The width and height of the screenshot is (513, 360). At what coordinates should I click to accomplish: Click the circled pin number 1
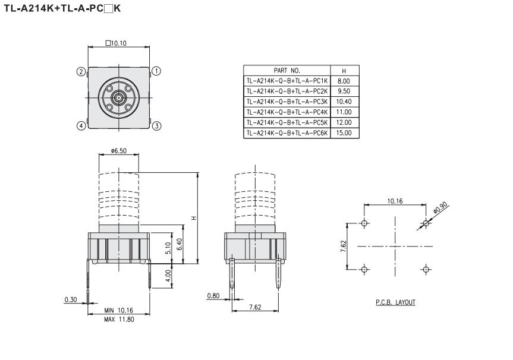[x=157, y=71]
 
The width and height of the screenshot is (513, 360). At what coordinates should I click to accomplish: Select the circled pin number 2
[x=81, y=72]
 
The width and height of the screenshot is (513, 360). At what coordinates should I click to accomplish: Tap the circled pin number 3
[x=157, y=126]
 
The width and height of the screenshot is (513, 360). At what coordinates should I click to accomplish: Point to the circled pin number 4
[x=81, y=125]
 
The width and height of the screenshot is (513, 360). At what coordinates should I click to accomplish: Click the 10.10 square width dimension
[x=116, y=43]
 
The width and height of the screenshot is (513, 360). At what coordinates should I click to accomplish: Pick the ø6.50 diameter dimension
[x=118, y=151]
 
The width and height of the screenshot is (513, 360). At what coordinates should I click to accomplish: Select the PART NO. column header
[x=287, y=70]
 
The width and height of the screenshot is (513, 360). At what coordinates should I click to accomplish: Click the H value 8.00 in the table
[x=344, y=81]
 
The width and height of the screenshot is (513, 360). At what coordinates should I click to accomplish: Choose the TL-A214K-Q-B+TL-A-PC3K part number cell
[x=287, y=102]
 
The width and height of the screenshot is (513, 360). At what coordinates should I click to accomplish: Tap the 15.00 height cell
[x=344, y=133]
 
